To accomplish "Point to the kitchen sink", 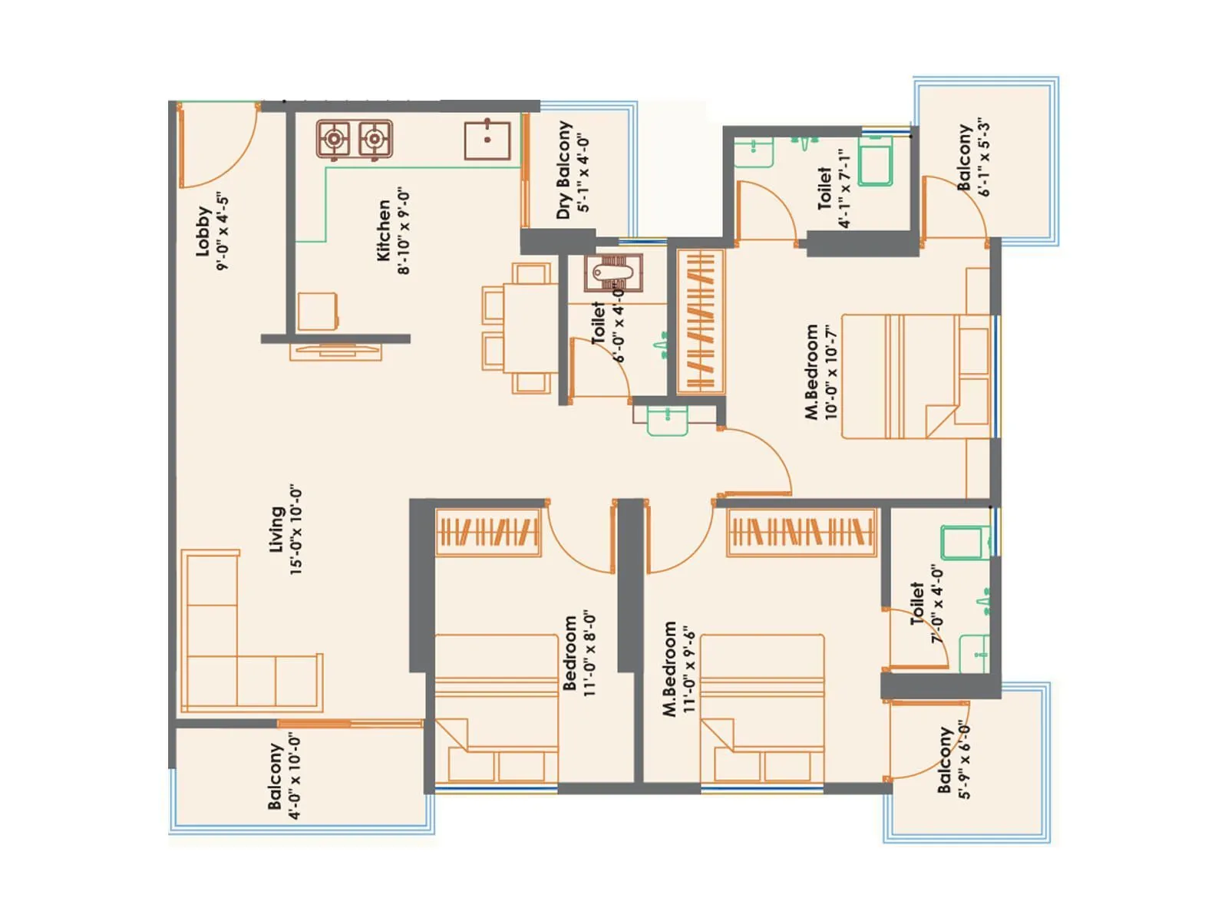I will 487,140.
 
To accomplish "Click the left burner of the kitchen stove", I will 334,140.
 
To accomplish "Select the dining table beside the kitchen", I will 530,328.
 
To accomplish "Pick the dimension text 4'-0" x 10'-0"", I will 295,777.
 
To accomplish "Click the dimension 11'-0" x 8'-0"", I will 589,654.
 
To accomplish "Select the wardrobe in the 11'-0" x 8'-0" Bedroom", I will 488,531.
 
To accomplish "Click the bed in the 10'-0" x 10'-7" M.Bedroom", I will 913,376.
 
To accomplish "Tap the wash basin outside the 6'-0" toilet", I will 667,421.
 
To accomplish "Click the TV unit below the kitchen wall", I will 335,352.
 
